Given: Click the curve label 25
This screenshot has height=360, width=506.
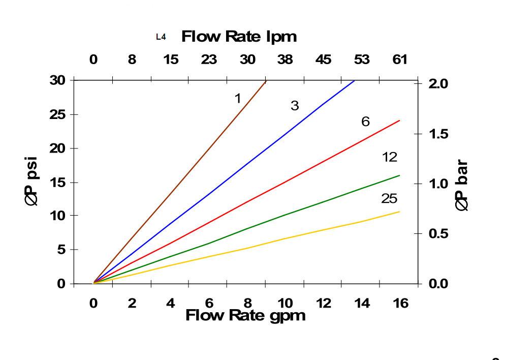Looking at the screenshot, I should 389,199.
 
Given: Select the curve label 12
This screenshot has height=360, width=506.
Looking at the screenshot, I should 390,157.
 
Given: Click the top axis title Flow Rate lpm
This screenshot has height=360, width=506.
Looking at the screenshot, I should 239,37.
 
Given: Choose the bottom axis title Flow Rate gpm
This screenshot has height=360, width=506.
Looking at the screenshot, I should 245,315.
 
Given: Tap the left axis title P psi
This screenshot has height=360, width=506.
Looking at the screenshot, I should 31,182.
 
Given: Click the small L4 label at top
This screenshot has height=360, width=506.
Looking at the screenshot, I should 161,37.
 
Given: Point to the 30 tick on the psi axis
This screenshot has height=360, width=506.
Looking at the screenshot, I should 57,80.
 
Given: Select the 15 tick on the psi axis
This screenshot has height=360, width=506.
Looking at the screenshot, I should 57,182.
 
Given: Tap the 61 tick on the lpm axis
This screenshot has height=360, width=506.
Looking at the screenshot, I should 400,59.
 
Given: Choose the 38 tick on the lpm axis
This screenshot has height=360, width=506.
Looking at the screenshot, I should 285,59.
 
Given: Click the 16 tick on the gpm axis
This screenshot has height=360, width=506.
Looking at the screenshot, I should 400,304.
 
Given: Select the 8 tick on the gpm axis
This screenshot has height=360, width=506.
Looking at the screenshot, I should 247,304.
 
